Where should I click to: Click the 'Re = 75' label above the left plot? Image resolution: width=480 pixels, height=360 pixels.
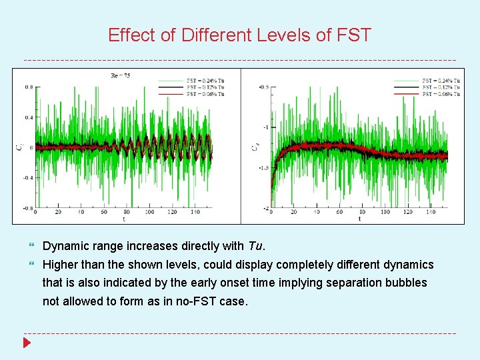[x=120, y=76]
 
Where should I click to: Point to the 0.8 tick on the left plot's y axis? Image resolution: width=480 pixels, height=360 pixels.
[x=29, y=87]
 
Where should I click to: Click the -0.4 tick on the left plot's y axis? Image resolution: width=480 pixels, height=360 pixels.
[x=27, y=178]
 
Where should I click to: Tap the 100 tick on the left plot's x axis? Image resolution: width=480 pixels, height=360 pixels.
[x=149, y=213]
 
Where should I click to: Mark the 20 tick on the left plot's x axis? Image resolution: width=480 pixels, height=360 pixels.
[x=58, y=213]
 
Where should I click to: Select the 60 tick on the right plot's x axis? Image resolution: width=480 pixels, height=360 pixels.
[x=340, y=213]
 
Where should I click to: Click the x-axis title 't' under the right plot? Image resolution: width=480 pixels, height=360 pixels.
[x=359, y=219]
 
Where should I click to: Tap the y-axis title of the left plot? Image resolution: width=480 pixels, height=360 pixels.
[x=19, y=147]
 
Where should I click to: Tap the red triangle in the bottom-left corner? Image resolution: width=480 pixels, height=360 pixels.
[x=27, y=343]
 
